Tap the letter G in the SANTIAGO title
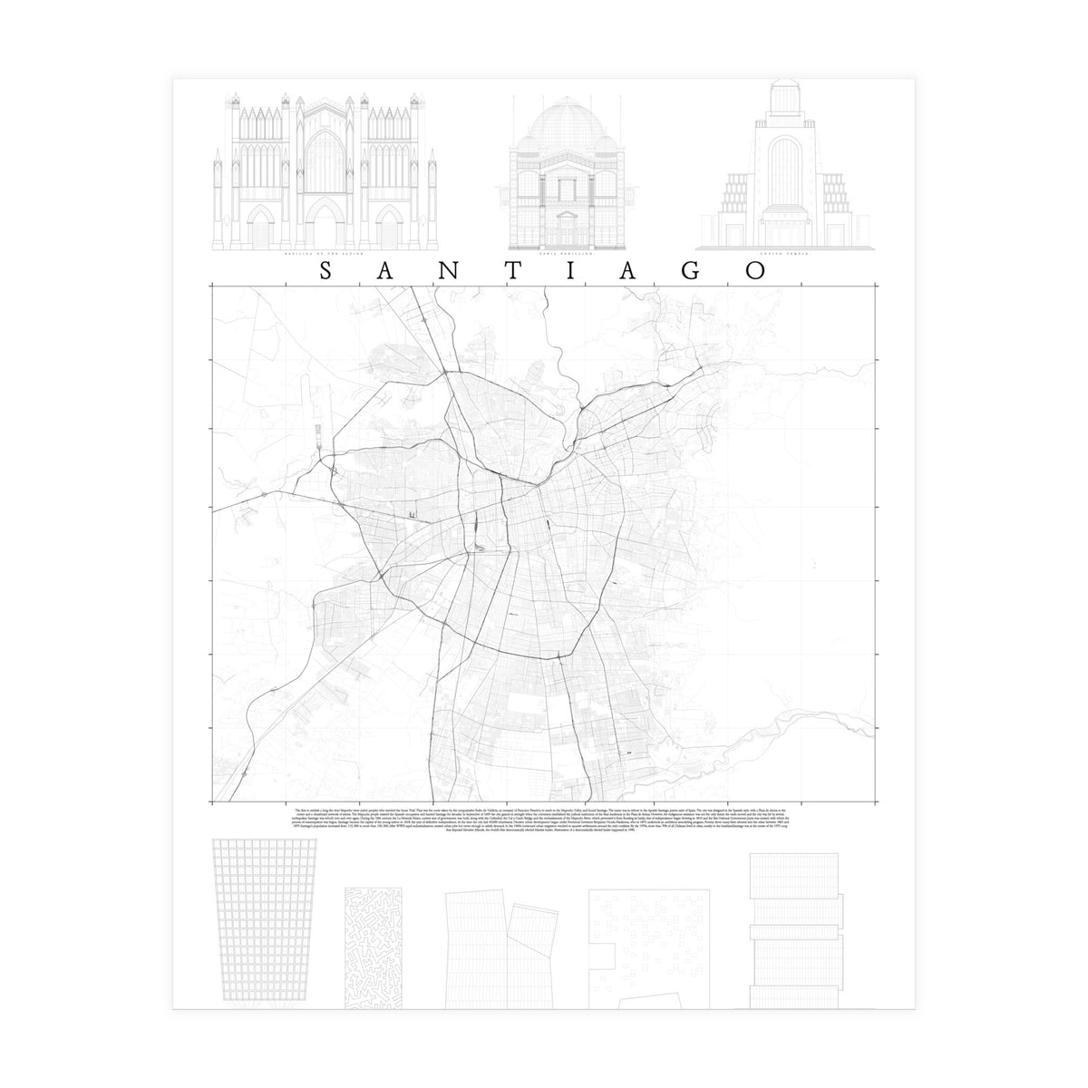[x=691, y=272]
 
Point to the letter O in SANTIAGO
[x=753, y=272]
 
